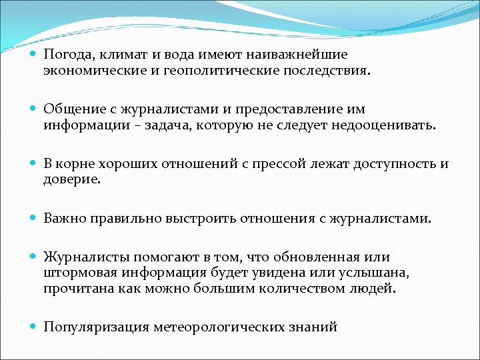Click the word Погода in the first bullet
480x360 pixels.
[65, 55]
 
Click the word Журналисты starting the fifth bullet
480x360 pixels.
[85, 257]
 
